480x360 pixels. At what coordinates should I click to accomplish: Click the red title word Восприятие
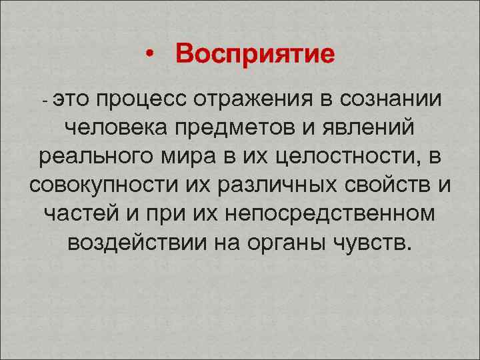tap(255, 54)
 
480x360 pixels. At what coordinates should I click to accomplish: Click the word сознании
tap(391, 100)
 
